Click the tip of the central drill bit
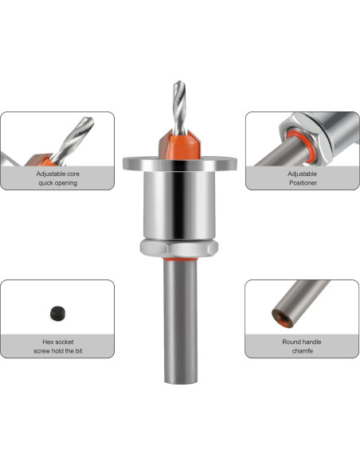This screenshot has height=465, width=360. [x=179, y=83]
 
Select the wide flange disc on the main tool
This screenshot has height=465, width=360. [x=179, y=162]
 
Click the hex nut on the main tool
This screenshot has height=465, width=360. [x=179, y=247]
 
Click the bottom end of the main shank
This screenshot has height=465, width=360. [x=180, y=380]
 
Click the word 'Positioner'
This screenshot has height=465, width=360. [x=302, y=182]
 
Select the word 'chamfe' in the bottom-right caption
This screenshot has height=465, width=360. [x=302, y=350]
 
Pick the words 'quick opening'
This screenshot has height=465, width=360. [x=57, y=182]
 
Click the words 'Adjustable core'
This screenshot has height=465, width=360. [x=57, y=173]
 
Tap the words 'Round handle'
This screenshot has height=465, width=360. [x=302, y=341]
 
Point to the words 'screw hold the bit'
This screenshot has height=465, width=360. [x=57, y=350]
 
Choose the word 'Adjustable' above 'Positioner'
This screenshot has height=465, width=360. [x=302, y=173]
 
